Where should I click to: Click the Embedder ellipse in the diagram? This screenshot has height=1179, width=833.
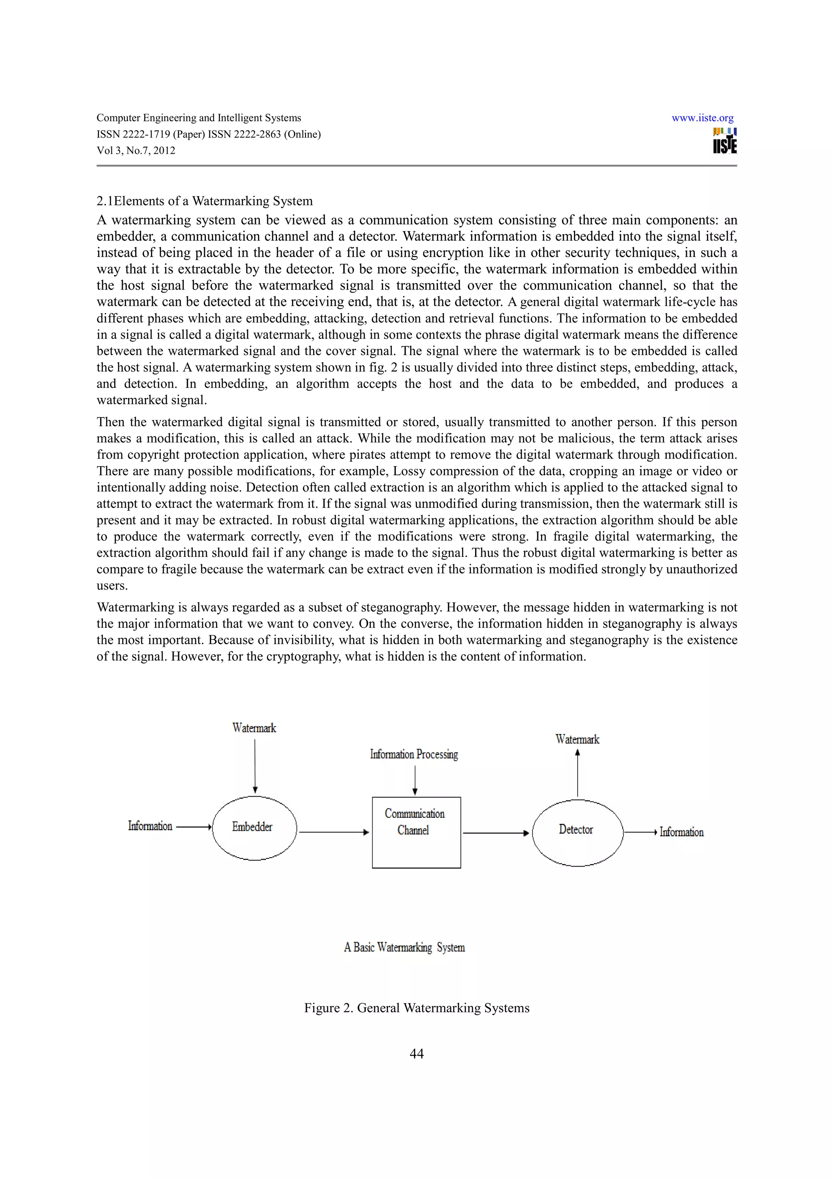tap(255, 828)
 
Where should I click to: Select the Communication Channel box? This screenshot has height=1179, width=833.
tap(416, 832)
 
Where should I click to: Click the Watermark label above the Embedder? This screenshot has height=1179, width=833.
tap(254, 728)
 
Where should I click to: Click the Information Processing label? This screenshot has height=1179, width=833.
tap(414, 754)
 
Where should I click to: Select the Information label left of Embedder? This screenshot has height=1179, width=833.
tap(150, 826)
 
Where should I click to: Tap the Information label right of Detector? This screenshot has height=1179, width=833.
tap(682, 832)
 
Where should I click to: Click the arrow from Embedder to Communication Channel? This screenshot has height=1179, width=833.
tap(334, 832)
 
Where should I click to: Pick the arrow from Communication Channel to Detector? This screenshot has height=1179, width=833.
tap(496, 833)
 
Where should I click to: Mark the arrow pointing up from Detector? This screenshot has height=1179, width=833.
tap(578, 773)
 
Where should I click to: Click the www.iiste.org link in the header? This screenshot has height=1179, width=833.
tap(702, 118)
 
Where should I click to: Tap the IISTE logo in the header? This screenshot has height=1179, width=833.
tap(725, 141)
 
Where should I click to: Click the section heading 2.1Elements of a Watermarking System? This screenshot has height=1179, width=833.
tap(204, 201)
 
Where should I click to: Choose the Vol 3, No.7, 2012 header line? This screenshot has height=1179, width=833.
tap(136, 151)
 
